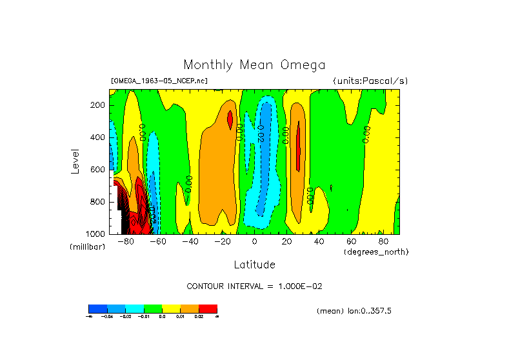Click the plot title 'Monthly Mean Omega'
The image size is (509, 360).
click(254, 65)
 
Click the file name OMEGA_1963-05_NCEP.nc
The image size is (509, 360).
click(159, 81)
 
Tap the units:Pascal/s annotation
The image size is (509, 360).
click(370, 81)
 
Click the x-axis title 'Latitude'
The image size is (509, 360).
click(254, 265)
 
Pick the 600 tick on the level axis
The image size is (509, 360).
click(98, 170)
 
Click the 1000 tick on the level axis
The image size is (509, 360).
click(96, 234)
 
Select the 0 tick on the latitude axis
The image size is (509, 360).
click(254, 241)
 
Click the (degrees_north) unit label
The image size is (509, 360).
click(376, 251)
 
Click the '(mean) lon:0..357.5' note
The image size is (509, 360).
click(354, 311)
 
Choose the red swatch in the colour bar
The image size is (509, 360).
click(208, 309)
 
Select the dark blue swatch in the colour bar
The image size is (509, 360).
click(97, 309)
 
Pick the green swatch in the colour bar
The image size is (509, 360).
click(153, 309)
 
